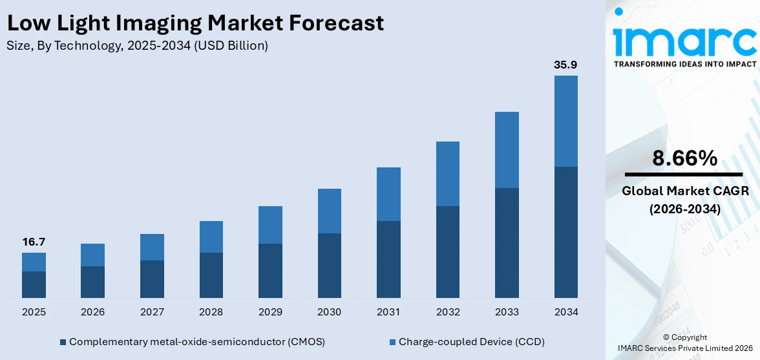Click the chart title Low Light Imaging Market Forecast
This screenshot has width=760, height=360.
coord(195,23)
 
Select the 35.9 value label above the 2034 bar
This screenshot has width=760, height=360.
coord(565,65)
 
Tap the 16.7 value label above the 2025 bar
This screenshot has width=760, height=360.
coord(34,242)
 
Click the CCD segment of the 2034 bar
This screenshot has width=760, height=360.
coord(565,121)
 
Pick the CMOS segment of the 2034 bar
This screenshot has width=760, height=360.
coord(565,232)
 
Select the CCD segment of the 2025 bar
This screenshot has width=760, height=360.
coord(34,262)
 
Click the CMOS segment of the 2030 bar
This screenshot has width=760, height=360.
coord(329,265)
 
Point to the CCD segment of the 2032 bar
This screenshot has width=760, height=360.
coord(447,174)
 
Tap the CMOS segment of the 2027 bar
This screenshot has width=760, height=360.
coord(152,279)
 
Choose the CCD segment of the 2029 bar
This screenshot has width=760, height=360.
coord(270,225)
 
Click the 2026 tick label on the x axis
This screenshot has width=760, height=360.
coord(93,312)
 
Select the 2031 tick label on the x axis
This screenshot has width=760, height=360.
coord(388,312)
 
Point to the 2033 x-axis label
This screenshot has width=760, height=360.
coord(507,312)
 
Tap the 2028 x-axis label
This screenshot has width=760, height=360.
coord(211,312)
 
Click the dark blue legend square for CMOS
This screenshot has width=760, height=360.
coord(63,342)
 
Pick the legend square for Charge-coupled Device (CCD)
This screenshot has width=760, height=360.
coord(392,342)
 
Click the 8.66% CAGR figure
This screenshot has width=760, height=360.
coord(684,158)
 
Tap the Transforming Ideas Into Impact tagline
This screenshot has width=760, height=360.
coord(684,64)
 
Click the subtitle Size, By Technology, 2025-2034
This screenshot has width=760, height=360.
coord(137,46)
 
